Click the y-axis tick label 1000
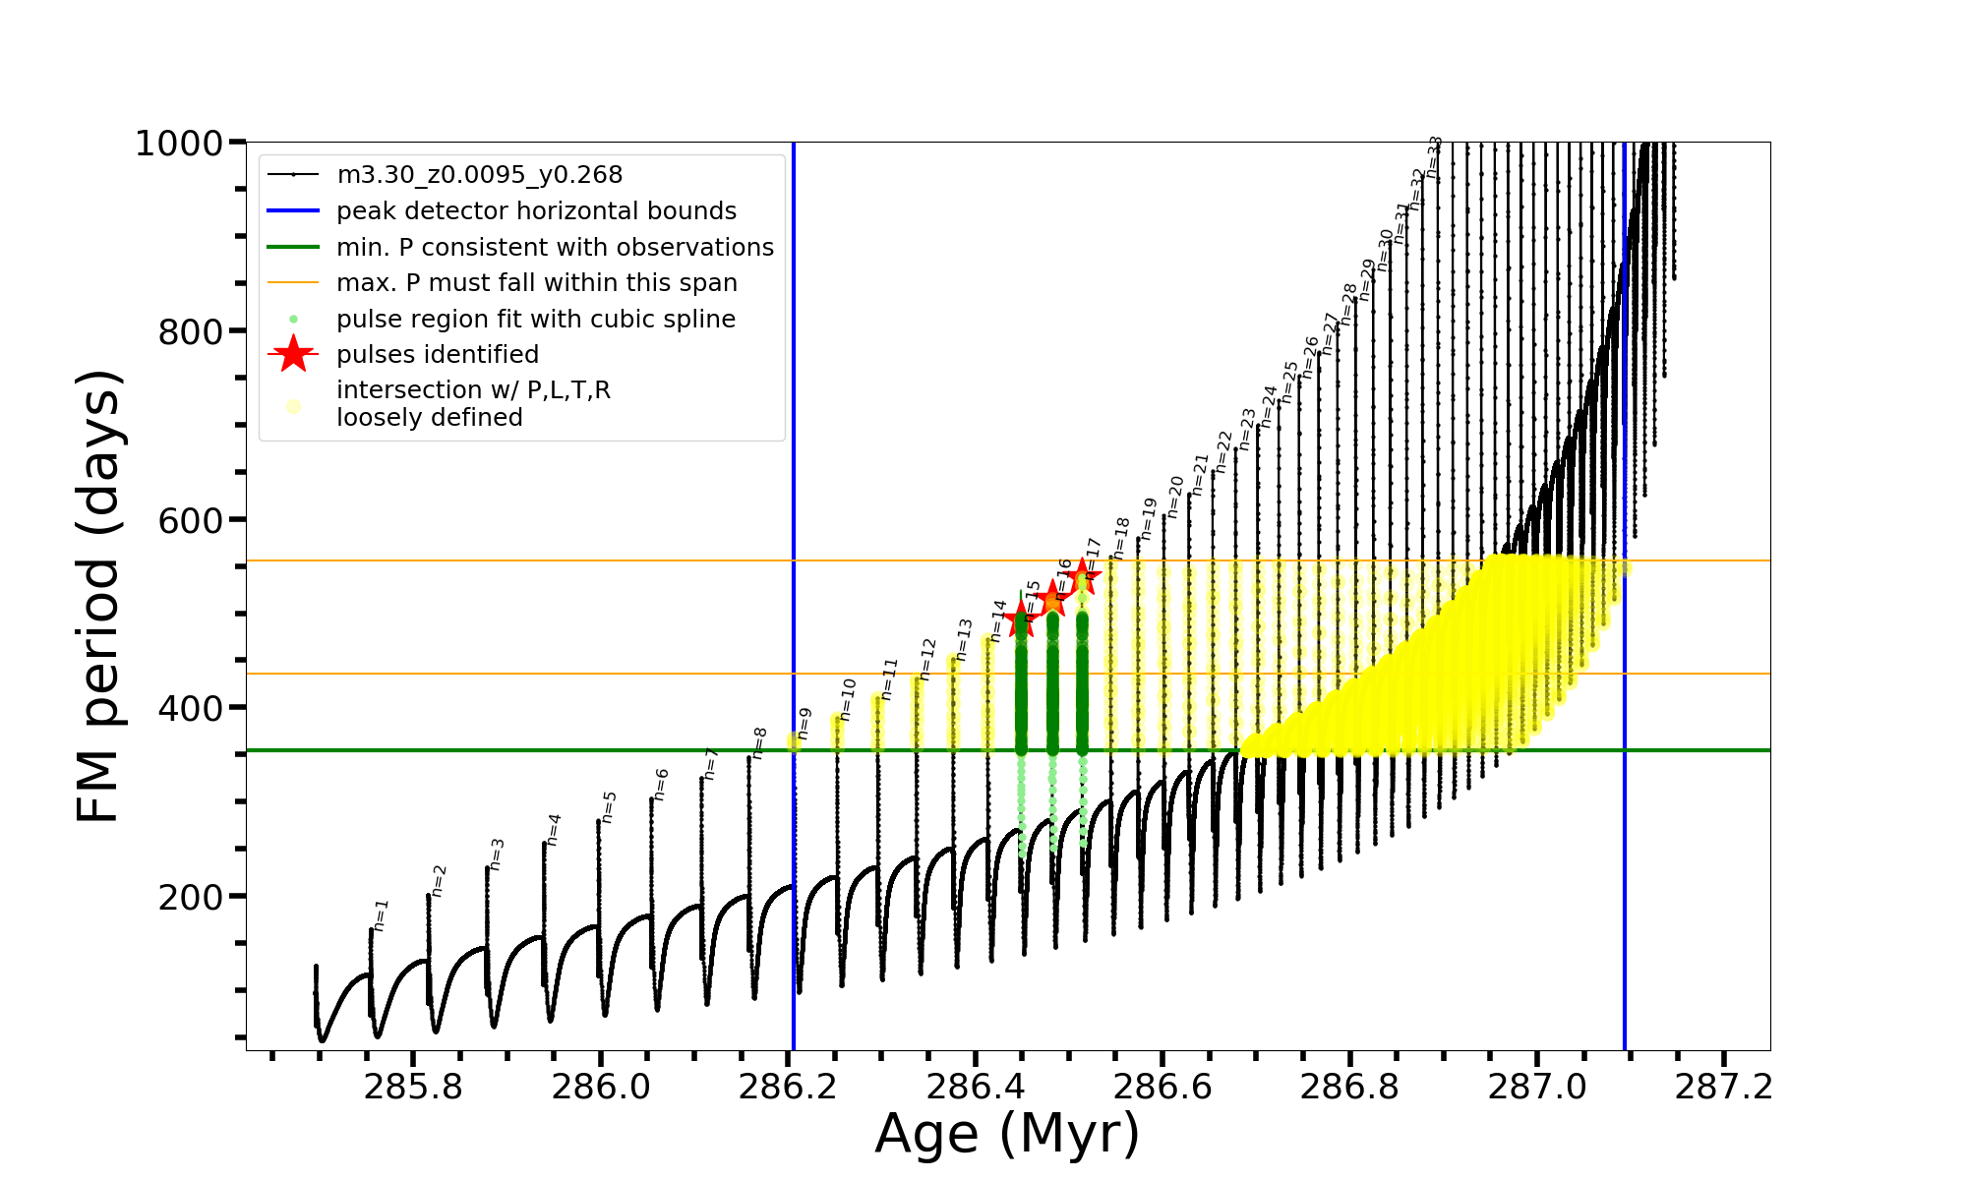[179, 144]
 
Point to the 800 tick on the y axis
[191, 332]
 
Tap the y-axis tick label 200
[191, 897]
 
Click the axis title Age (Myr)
[1007, 1134]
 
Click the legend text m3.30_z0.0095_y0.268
[479, 175]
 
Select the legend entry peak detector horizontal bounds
[536, 211]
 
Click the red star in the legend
[293, 354]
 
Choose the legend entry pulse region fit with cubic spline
[535, 320]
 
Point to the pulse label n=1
[381, 915]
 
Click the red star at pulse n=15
[1021, 620]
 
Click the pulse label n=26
[1310, 358]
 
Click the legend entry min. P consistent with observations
[555, 248]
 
